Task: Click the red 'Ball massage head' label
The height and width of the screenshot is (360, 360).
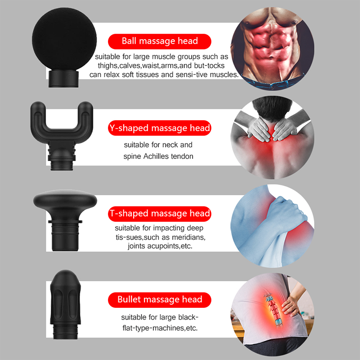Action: coord(160,41)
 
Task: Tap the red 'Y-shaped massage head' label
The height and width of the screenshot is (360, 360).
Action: coord(160,128)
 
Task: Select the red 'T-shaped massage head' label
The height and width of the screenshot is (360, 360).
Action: coord(160,214)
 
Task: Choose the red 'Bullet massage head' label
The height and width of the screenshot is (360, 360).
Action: coord(160,300)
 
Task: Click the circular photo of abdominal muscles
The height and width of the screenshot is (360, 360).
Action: coord(273,49)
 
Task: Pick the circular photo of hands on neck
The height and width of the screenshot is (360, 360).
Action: coord(273,137)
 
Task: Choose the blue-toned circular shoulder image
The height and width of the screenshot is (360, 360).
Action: coord(273,226)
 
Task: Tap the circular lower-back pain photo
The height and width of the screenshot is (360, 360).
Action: coord(273,315)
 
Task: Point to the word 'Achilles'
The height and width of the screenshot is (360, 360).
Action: coord(156,156)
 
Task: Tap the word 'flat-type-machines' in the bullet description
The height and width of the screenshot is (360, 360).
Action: coord(153,328)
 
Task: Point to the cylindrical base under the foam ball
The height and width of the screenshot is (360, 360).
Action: coord(63,79)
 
